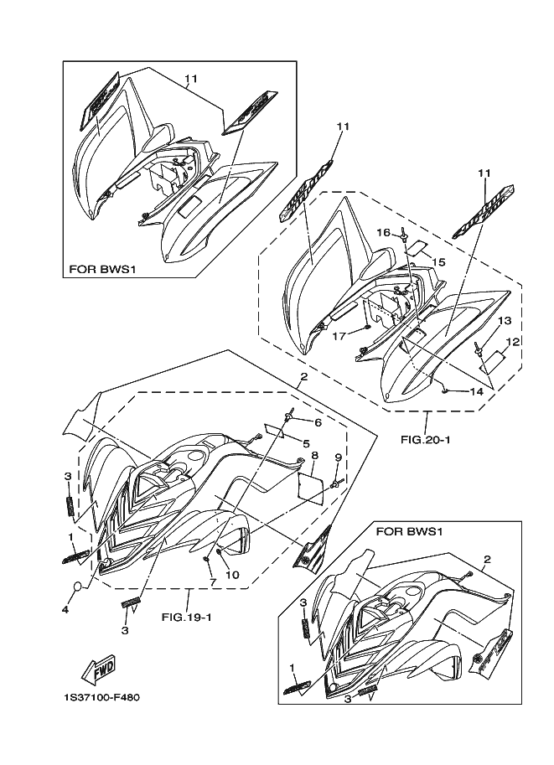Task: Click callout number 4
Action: click(65, 610)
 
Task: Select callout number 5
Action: click(307, 443)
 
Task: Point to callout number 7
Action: click(213, 582)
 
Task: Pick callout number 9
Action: click(339, 457)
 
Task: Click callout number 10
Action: click(233, 574)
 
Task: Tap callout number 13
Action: click(504, 321)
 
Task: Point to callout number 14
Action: click(475, 391)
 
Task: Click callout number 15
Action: click(438, 262)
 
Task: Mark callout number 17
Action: click(339, 337)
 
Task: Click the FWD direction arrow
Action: click(98, 669)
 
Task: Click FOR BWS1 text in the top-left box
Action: click(102, 271)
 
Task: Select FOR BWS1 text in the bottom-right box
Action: click(409, 531)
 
